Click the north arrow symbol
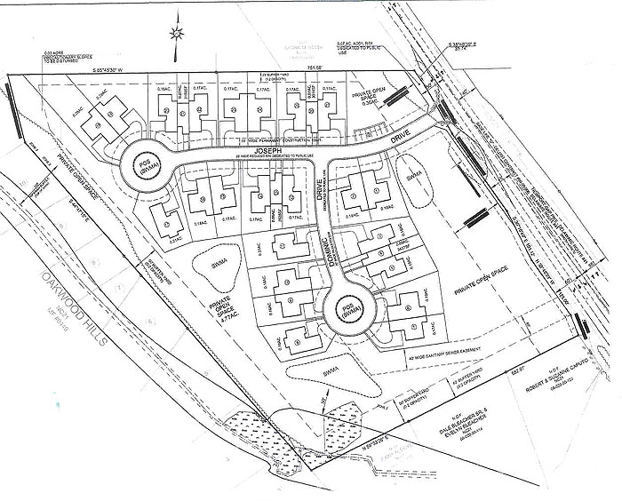pos(176,34)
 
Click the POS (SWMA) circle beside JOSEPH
pos(140,166)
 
